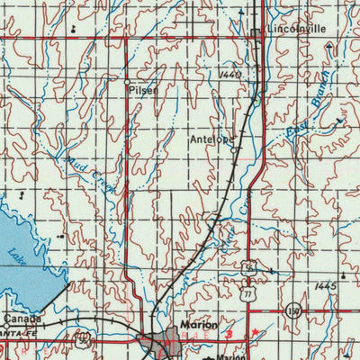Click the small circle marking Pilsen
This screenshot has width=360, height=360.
click(127, 83)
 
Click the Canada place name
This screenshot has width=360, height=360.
click(22, 319)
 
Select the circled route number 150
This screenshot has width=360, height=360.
click(293, 310)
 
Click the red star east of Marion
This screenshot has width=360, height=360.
click(257, 333)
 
